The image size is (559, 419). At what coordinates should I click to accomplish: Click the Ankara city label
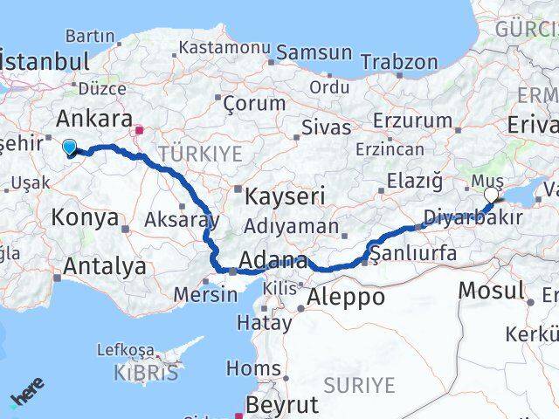pos(94,119)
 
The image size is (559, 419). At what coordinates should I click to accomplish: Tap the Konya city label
pos(85,217)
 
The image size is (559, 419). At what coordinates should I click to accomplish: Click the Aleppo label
pos(346,297)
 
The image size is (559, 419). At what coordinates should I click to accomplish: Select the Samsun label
pos(314,52)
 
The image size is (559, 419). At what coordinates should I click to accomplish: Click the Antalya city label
pos(103,266)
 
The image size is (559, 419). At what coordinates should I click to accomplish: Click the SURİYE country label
pos(360,384)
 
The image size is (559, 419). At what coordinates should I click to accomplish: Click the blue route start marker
pos(70,148)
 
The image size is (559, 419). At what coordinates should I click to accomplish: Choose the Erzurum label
pos(411,120)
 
